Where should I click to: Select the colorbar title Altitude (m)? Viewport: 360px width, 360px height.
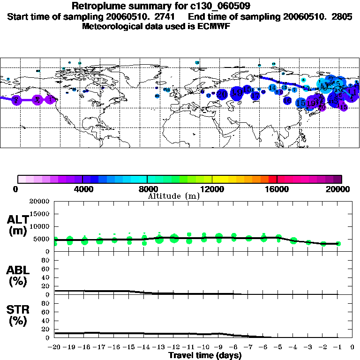tap(173, 196)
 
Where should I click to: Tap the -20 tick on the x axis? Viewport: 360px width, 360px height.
tap(55, 347)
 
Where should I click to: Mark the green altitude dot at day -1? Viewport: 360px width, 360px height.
tap(338, 244)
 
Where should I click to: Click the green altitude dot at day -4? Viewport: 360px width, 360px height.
tap(293, 240)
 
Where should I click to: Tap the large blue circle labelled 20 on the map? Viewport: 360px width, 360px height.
tap(222, 94)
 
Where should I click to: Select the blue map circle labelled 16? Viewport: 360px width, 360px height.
tap(287, 101)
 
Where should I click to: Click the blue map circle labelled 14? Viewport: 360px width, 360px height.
tap(272, 88)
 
